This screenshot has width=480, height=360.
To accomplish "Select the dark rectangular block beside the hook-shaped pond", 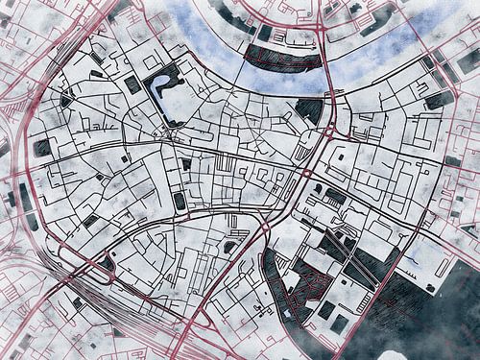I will coord(132,84).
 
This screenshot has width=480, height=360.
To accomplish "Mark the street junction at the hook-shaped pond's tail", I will coord(174,128).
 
